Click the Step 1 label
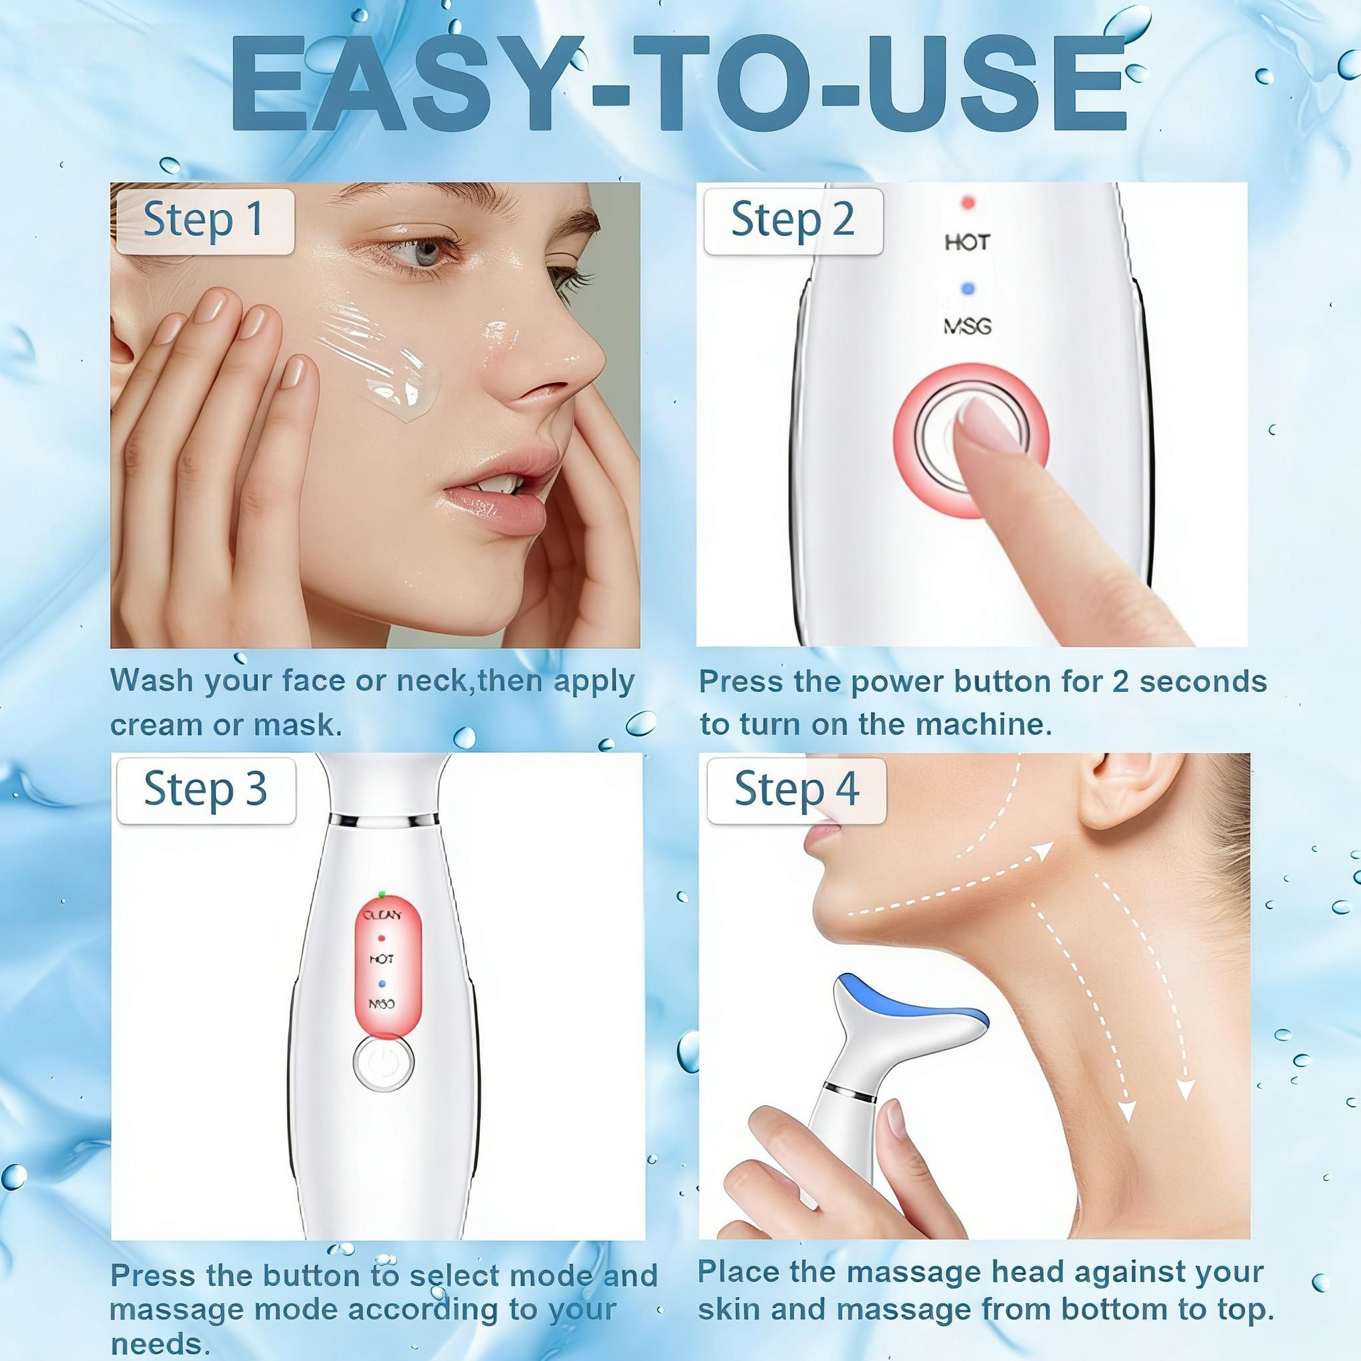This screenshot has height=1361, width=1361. tap(203, 220)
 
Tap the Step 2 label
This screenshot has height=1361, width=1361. tap(793, 220)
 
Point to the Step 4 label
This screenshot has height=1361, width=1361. tap(797, 789)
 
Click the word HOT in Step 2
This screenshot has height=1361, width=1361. tap(967, 243)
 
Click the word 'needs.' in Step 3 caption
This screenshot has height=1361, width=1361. tap(161, 1344)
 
